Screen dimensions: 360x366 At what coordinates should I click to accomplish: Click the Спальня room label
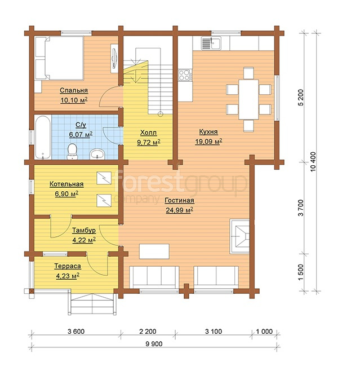pos(74,90)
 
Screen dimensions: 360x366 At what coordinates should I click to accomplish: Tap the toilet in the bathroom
pos(72,151)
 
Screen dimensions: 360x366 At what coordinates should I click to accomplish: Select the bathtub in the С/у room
pos(43,137)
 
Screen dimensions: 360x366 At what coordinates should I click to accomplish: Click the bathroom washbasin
pos(97,154)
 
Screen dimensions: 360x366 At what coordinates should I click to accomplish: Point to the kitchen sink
pos(211,43)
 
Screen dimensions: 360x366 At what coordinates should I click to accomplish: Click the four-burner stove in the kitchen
pos(185,75)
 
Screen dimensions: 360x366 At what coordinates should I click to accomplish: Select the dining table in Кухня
pos(248,99)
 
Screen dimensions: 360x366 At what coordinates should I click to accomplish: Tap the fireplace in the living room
pos(239,236)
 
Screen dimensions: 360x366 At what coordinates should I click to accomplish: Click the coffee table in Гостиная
pos(154,252)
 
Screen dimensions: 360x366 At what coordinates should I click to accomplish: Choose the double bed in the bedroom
pos(59,58)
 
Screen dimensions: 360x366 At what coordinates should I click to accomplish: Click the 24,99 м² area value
pos(179,210)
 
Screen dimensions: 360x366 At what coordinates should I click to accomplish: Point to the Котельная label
pos(66,184)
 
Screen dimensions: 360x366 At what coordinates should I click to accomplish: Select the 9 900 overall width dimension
pos(154,343)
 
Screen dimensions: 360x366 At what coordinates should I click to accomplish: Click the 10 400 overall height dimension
pos(313,162)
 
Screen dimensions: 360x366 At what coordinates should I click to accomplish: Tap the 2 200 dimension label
pos(148,331)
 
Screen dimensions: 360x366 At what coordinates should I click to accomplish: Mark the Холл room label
pos(148,133)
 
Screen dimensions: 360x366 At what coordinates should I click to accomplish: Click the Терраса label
pos(68,266)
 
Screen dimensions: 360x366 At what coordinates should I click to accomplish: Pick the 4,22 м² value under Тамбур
pos(84,240)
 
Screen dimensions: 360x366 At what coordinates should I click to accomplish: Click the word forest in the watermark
pos(148,183)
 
